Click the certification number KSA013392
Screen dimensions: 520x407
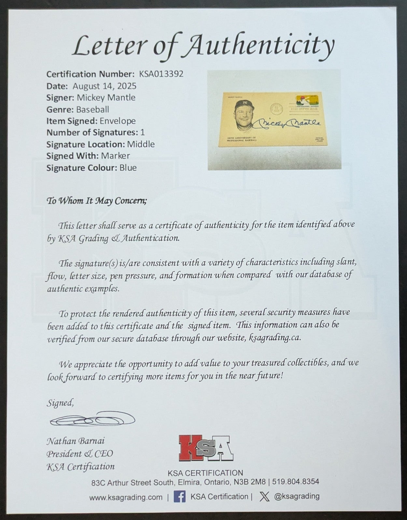click(161, 74)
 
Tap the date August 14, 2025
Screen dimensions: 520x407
click(104, 86)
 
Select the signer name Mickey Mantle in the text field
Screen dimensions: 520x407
click(106, 97)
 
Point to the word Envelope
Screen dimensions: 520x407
click(118, 121)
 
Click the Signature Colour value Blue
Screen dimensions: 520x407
click(128, 168)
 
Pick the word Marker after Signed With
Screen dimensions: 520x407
click(115, 156)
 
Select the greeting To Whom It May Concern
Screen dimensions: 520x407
click(97, 201)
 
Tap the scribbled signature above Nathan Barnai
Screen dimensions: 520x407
click(92, 419)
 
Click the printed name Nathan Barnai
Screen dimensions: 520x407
click(76, 441)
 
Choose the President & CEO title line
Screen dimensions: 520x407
click(79, 454)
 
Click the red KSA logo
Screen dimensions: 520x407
click(205, 448)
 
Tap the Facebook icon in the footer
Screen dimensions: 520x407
click(179, 497)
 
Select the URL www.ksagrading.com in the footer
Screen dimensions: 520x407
click(126, 497)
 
